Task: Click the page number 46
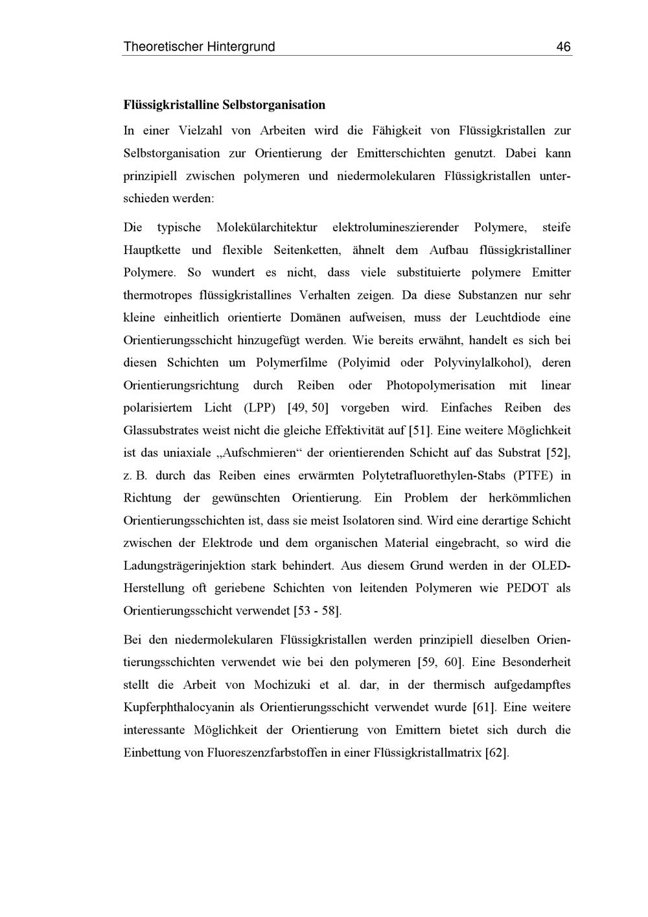coord(563,47)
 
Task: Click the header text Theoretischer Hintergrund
coord(199,47)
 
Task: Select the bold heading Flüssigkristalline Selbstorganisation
coord(224,104)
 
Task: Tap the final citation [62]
coord(497,752)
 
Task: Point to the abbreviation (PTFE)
coord(533,475)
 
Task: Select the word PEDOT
coord(527,588)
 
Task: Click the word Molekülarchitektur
coord(267,227)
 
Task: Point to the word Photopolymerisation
coord(441,386)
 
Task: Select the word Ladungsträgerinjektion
coord(182,565)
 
